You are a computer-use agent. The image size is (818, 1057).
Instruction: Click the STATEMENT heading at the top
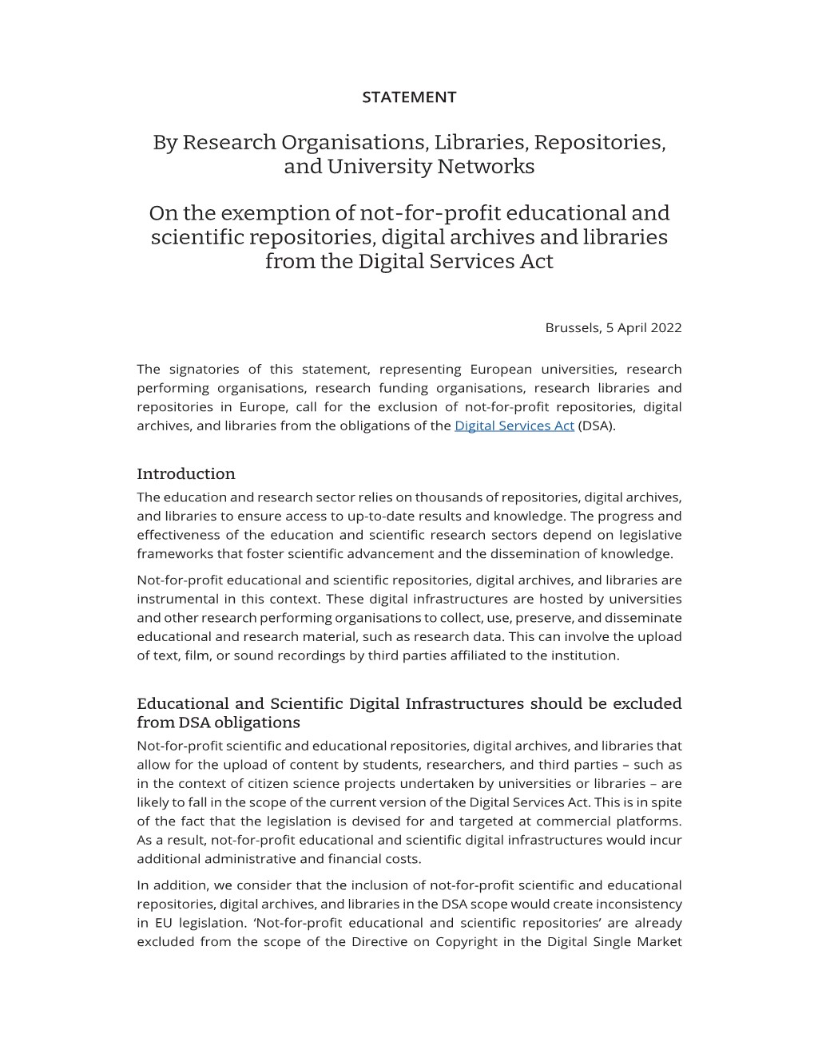(408, 97)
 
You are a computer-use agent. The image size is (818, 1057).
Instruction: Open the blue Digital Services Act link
(514, 426)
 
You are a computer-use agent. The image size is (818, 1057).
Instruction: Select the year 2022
(665, 327)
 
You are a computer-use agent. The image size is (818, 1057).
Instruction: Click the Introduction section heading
(185, 473)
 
